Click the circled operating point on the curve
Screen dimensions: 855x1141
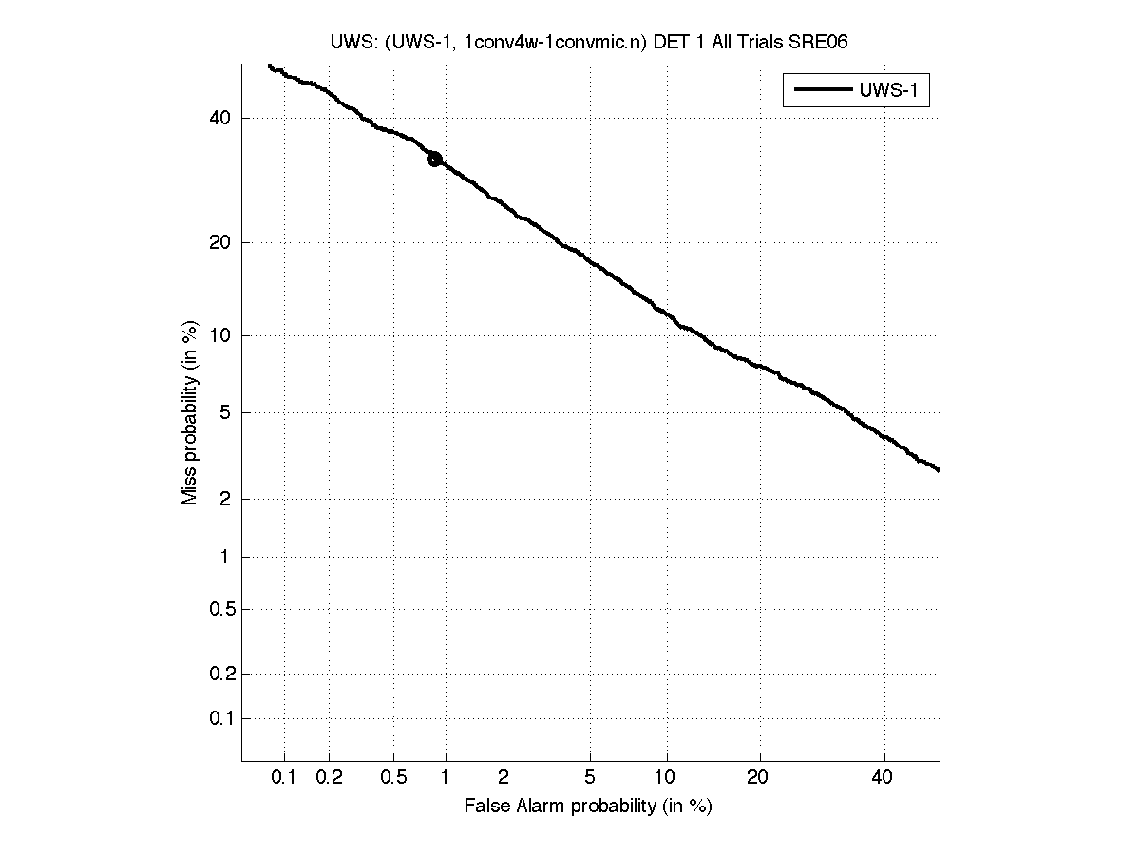(434, 159)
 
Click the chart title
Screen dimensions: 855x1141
(589, 42)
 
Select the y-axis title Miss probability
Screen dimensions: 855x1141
(190, 413)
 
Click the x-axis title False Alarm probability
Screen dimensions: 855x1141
(588, 806)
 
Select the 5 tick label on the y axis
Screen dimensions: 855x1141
(225, 412)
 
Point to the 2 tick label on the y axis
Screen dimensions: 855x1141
(225, 499)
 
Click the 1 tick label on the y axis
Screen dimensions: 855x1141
(225, 557)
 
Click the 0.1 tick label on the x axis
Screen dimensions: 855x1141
(284, 778)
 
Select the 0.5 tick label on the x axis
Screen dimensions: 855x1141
(393, 778)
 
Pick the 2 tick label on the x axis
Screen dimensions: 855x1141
(504, 778)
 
